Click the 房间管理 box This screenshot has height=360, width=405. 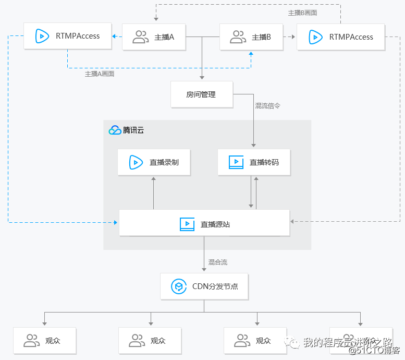(x=201, y=94)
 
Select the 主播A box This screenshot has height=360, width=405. (x=154, y=37)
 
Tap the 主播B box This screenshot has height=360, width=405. (x=251, y=37)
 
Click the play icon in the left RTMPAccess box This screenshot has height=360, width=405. (x=42, y=37)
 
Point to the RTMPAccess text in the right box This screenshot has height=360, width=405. (x=351, y=37)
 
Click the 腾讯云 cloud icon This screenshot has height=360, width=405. (x=115, y=130)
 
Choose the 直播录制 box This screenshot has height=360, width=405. (x=154, y=162)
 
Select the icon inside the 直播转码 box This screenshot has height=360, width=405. (x=236, y=162)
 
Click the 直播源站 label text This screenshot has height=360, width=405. (x=215, y=225)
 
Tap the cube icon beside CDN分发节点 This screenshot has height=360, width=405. (x=179, y=286)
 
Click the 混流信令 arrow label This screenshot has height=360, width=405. (x=267, y=105)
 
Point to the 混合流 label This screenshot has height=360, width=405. (x=218, y=261)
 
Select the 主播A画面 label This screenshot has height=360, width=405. (x=100, y=74)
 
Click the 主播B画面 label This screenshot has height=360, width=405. (x=302, y=13)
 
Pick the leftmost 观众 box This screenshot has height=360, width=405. (x=45, y=341)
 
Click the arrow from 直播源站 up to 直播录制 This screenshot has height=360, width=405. (x=154, y=193)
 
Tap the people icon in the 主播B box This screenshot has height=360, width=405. (x=238, y=37)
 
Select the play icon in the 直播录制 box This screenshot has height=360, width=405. (x=137, y=162)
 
